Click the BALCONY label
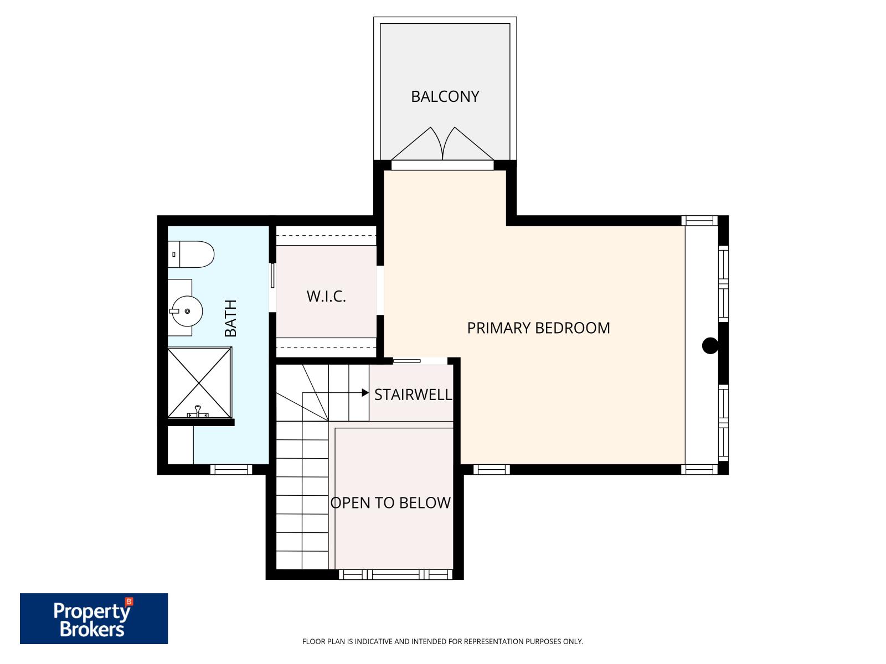(x=445, y=96)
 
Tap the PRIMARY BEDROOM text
(x=538, y=328)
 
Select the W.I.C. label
(x=326, y=296)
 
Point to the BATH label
(x=230, y=318)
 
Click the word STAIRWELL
(x=413, y=395)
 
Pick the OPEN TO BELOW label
(x=390, y=502)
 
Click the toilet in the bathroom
(x=191, y=255)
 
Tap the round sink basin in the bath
(x=187, y=311)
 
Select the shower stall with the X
(x=199, y=382)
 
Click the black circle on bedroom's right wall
(x=710, y=346)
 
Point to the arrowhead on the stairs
(x=365, y=393)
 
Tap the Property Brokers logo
(x=94, y=619)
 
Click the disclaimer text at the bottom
(x=442, y=642)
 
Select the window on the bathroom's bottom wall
(x=231, y=470)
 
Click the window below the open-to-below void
(x=395, y=575)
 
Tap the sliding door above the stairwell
(x=406, y=361)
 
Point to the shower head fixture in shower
(x=197, y=412)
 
